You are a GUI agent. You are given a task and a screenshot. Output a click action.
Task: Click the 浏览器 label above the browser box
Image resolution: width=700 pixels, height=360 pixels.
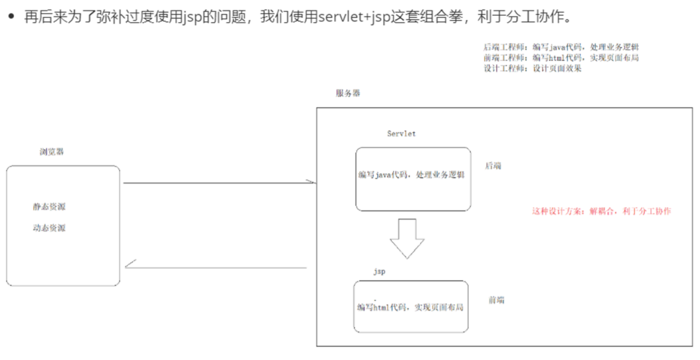click(x=52, y=152)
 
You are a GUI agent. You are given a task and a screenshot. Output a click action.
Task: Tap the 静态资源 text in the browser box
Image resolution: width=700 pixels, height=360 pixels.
click(x=49, y=207)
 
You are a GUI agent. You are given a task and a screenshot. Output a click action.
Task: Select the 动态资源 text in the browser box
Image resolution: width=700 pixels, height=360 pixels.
click(x=49, y=228)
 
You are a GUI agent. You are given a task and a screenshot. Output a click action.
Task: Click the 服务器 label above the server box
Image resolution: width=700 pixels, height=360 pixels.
click(x=348, y=94)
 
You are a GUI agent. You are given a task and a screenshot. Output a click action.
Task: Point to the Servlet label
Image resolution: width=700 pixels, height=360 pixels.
click(x=401, y=134)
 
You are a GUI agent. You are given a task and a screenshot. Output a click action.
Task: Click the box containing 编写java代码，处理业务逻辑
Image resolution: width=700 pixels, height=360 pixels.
click(x=412, y=179)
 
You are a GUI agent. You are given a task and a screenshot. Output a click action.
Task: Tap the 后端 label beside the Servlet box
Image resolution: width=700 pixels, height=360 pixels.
click(x=493, y=166)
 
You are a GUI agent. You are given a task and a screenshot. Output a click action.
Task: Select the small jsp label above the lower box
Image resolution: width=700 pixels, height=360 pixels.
click(x=379, y=272)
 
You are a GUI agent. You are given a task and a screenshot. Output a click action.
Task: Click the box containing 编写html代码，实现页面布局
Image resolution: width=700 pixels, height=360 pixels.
click(x=410, y=307)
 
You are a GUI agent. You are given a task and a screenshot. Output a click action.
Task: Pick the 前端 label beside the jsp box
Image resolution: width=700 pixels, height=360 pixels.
click(x=496, y=300)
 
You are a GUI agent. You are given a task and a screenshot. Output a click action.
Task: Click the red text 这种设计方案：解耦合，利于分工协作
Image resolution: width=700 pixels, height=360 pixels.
click(x=601, y=211)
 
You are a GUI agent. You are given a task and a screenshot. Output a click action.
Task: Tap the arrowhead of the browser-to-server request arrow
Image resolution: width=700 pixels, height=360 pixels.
click(x=309, y=181)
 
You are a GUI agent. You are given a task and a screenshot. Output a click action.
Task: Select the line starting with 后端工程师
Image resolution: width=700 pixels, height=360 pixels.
click(x=561, y=47)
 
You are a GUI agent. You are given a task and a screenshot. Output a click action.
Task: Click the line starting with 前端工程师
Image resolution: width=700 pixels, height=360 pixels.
click(x=561, y=58)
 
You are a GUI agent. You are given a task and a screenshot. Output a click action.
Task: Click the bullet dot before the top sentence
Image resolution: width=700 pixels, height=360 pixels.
click(x=11, y=15)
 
